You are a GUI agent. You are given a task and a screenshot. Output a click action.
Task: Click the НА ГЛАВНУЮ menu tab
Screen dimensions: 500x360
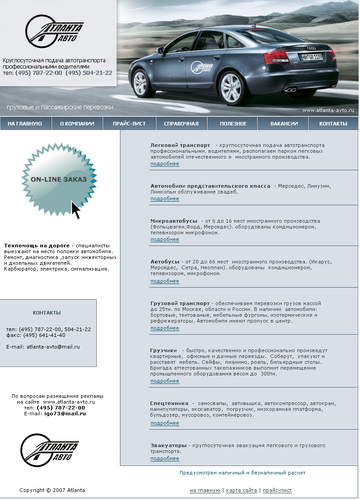click(x=25, y=124)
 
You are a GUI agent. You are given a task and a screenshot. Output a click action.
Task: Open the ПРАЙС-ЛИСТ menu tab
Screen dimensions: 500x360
click(x=129, y=124)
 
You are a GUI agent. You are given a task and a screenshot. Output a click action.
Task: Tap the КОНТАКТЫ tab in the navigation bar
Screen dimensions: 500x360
click(x=333, y=124)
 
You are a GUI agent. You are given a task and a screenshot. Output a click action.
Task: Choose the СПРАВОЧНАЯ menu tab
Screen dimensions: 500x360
click(x=181, y=124)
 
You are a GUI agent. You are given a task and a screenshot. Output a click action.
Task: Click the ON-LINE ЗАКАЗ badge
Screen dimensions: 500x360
click(x=59, y=180)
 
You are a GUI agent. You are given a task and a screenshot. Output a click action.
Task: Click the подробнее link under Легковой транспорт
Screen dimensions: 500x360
click(x=165, y=164)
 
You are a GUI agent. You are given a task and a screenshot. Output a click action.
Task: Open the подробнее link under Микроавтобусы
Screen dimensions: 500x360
click(x=165, y=240)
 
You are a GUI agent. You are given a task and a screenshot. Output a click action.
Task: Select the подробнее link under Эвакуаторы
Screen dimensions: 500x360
click(x=165, y=459)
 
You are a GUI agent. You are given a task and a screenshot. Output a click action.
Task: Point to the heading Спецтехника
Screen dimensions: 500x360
click(x=169, y=404)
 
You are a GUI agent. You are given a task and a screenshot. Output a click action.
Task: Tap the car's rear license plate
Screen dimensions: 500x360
click(x=311, y=57)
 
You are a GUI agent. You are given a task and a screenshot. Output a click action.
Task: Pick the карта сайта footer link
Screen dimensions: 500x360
click(x=241, y=491)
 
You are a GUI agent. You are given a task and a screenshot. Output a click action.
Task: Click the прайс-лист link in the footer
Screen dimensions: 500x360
click(x=277, y=491)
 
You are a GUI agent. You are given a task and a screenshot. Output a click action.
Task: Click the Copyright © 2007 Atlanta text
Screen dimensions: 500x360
click(x=52, y=491)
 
